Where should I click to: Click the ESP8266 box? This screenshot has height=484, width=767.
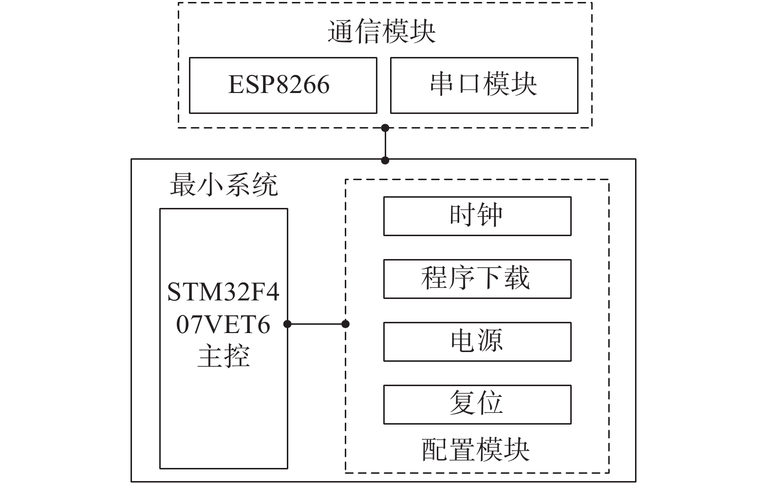(282, 85)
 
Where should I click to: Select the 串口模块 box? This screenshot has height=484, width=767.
(484, 85)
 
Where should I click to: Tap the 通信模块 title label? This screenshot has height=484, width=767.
(381, 32)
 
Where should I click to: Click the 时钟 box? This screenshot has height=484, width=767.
(477, 216)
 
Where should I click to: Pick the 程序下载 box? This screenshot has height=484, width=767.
(477, 279)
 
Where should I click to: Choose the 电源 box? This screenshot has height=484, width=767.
(477, 341)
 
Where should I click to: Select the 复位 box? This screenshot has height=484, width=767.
(477, 404)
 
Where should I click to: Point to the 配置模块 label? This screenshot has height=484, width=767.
(476, 449)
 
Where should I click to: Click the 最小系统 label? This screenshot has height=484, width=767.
(224, 185)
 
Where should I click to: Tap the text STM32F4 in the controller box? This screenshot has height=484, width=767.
(224, 292)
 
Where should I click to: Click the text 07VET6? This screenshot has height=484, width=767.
(224, 324)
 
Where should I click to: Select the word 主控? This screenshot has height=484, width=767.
(224, 356)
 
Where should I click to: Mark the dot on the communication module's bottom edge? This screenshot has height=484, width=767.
(385, 128)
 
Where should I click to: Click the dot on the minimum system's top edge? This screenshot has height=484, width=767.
(385, 160)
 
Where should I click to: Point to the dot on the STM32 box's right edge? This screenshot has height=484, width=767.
(287, 324)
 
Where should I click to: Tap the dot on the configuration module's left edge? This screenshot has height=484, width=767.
(346, 324)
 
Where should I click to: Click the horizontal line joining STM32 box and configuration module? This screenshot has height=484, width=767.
(317, 324)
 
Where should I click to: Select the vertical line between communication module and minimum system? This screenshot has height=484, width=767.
(385, 144)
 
